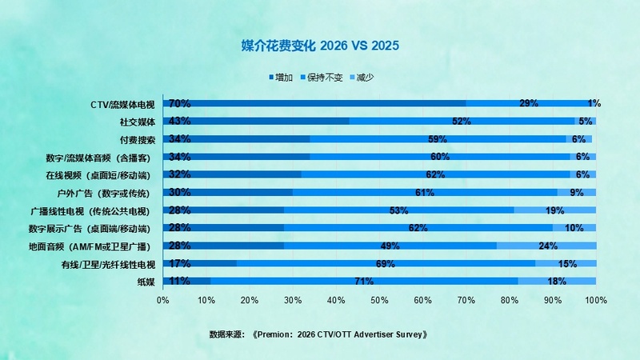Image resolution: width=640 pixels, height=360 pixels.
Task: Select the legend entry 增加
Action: (279, 78)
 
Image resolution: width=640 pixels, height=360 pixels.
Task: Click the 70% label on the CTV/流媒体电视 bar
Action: (179, 103)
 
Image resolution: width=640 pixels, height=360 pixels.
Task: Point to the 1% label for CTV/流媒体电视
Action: (594, 103)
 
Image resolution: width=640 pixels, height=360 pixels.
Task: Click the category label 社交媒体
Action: (137, 122)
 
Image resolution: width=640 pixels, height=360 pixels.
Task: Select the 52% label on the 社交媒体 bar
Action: (461, 122)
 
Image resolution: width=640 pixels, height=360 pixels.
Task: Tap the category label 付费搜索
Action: (137, 139)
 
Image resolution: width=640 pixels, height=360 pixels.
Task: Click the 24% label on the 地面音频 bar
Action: (547, 246)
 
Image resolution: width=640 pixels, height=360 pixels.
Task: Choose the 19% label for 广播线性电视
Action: (554, 210)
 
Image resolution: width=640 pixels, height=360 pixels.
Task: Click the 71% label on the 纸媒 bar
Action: (365, 281)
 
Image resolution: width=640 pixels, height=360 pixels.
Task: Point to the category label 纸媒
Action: (146, 281)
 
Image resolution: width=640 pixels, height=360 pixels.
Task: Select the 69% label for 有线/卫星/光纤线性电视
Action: (386, 263)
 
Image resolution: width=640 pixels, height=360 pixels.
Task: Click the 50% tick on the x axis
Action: (379, 300)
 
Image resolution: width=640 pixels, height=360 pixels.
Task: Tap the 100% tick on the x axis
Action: (595, 300)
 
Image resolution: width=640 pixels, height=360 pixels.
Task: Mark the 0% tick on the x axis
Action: (163, 300)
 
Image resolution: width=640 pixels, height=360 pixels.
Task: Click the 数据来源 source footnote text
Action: (318, 334)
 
